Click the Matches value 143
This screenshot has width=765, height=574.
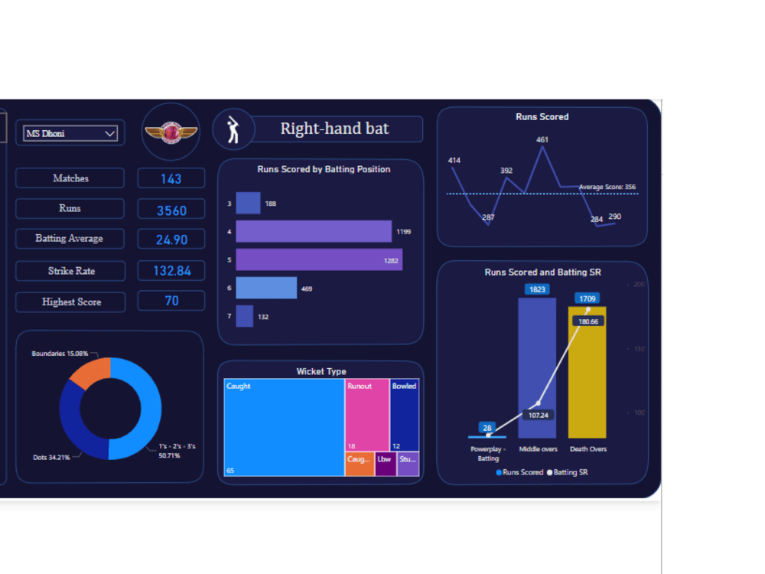(171, 178)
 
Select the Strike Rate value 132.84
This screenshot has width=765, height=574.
(171, 270)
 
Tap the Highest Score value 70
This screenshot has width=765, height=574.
(171, 301)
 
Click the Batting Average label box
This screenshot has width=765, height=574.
(70, 239)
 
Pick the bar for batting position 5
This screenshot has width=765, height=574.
(318, 259)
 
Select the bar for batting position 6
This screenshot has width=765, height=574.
(265, 288)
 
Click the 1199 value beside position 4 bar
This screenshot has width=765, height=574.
(403, 231)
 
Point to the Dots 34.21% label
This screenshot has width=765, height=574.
(51, 457)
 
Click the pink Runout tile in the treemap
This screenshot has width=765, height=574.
(366, 413)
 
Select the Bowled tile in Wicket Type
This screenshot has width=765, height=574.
(404, 413)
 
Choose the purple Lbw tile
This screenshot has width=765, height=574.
(386, 464)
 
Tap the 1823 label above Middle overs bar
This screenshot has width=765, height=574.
(537, 289)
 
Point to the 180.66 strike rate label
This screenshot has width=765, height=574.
(588, 321)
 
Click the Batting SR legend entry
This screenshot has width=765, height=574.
(568, 472)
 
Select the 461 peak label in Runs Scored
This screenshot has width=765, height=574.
(542, 140)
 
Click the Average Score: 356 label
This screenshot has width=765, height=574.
(607, 187)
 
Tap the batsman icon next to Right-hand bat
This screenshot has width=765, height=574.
(233, 130)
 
